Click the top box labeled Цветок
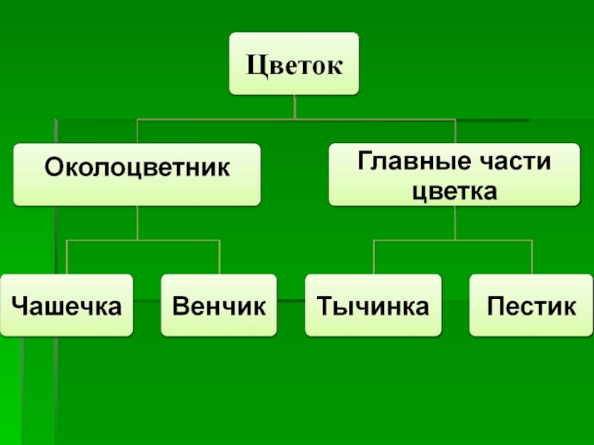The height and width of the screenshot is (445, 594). (x=295, y=64)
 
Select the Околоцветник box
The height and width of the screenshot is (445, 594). (x=137, y=174)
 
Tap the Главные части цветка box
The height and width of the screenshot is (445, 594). (x=454, y=174)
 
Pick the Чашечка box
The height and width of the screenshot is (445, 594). (x=67, y=305)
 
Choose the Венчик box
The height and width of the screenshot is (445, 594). (x=218, y=305)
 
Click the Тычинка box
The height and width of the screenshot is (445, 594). (x=373, y=305)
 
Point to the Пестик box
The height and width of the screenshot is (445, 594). (x=532, y=305)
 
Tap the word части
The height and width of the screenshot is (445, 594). (x=520, y=160)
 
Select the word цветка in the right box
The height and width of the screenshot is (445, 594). (x=454, y=191)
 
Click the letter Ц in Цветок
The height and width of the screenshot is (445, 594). (x=256, y=66)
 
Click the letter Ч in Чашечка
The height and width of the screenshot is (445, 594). (x=21, y=305)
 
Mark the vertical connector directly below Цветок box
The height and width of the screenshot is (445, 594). (x=296, y=107)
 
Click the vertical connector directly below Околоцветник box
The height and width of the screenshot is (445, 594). (x=137, y=222)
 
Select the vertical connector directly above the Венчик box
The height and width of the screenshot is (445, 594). (x=219, y=257)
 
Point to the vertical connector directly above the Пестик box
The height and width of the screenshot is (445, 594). (x=532, y=257)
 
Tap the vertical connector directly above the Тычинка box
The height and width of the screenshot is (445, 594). (x=373, y=257)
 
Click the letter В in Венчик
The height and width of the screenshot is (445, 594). (x=180, y=305)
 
